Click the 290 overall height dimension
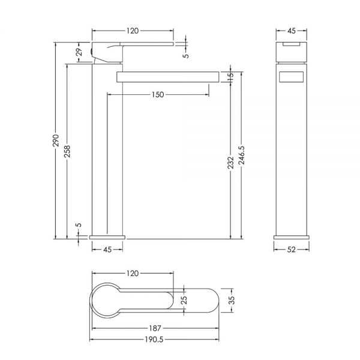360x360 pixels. pyautogui.click(x=56, y=140)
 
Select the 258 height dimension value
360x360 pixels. pyautogui.click(x=67, y=151)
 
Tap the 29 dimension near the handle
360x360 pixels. pyautogui.click(x=79, y=52)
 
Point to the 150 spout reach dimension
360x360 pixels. pyautogui.click(x=158, y=95)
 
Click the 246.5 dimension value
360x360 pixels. pyautogui.click(x=242, y=155)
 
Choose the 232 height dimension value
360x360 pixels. pyautogui.click(x=231, y=163)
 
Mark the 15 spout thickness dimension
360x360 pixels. pyautogui.click(x=231, y=76)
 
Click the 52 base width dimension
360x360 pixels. pyautogui.click(x=291, y=250)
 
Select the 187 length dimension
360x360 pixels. pyautogui.click(x=155, y=328)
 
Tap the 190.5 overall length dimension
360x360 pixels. pyautogui.click(x=154, y=340)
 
